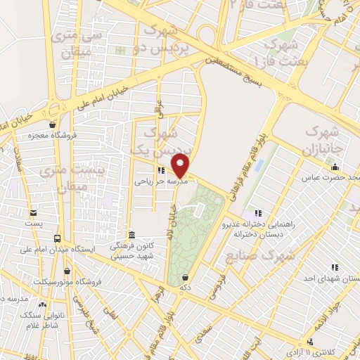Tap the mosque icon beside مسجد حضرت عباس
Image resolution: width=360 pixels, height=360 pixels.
click(x=334, y=167)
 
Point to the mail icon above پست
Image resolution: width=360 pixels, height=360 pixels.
click(x=32, y=212)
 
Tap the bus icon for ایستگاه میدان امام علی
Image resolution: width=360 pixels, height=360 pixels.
click(x=56, y=238)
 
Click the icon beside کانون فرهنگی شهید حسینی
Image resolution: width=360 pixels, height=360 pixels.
click(x=131, y=235)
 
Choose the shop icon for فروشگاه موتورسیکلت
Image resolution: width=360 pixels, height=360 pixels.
click(x=67, y=271)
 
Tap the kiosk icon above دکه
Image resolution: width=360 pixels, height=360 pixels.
click(x=185, y=278)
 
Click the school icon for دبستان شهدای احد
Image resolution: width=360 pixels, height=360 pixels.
click(x=335, y=267)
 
